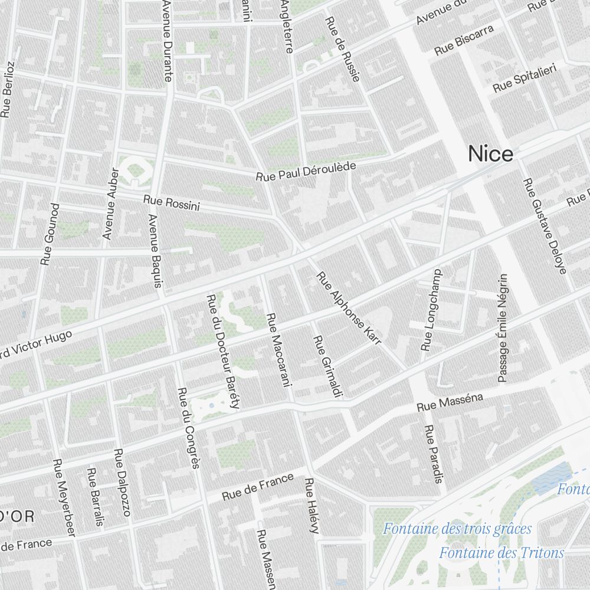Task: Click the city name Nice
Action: click(490, 154)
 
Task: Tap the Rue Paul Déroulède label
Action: click(306, 171)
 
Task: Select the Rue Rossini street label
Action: click(171, 203)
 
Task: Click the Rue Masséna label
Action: click(450, 402)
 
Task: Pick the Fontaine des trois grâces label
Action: click(457, 529)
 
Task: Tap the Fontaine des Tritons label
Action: click(501, 553)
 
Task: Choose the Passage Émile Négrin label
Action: click(503, 327)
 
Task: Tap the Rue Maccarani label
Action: click(279, 349)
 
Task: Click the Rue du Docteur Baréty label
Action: click(223, 352)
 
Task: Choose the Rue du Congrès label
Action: click(189, 428)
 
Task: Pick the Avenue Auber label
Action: click(111, 204)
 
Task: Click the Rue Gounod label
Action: click(50, 234)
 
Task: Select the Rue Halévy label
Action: click(312, 506)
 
